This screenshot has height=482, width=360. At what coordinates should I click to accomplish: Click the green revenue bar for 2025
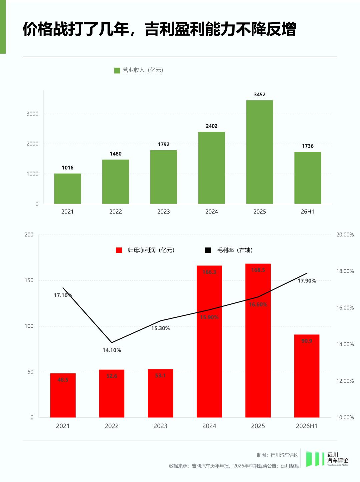[x=259, y=152]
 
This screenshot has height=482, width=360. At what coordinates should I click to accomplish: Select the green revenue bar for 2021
[x=67, y=189]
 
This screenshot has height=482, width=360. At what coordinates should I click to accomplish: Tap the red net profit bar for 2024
[x=209, y=341]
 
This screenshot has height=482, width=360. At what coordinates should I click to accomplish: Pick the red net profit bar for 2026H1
[x=307, y=376]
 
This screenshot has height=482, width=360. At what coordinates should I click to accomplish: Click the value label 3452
[x=260, y=94]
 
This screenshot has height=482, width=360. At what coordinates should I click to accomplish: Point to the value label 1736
[x=308, y=146]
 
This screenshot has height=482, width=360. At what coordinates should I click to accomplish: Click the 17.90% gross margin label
[x=307, y=280]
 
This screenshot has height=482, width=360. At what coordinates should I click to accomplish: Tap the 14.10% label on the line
[x=112, y=350]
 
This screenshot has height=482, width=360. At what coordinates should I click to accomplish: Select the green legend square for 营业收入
[x=117, y=70]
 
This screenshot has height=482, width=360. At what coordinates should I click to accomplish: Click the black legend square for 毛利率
[x=208, y=250]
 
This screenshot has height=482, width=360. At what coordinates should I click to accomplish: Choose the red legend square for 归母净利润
[x=119, y=250]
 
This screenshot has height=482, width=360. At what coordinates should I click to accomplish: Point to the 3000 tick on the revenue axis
[x=33, y=114]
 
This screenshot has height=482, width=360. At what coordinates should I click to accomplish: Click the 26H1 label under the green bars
[x=308, y=212]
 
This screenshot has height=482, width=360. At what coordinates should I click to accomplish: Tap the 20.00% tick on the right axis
[x=345, y=235]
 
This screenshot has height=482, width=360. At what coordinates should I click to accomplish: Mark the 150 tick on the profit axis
[x=29, y=280]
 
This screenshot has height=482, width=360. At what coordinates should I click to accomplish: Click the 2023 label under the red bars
[x=160, y=426]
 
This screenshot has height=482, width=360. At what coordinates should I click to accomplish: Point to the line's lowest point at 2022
[x=112, y=342]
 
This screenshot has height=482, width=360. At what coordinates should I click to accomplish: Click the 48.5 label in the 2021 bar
[x=63, y=380]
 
